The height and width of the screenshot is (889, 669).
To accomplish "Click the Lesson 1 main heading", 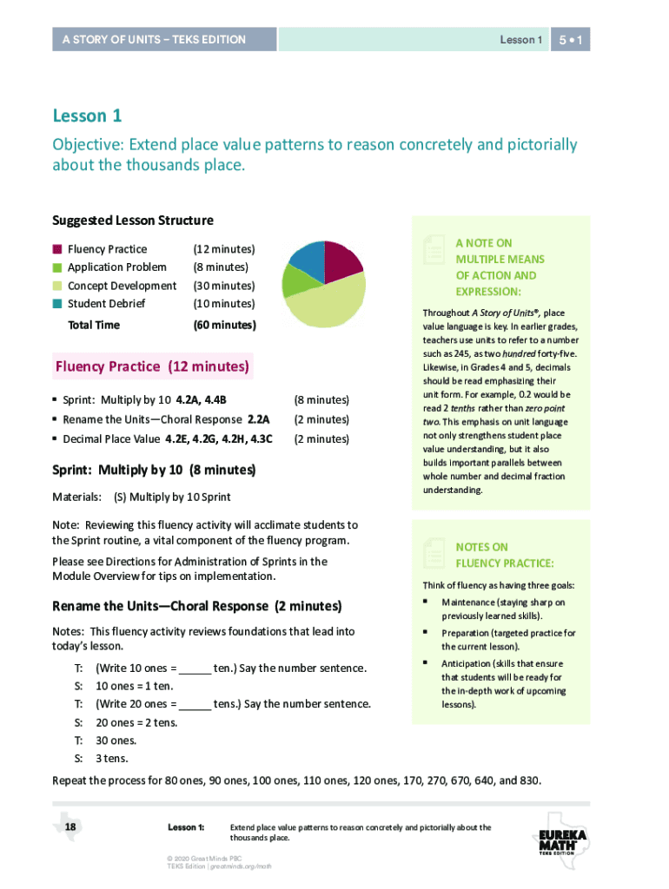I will click(x=87, y=115).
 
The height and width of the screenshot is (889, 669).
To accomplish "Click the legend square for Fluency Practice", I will click(x=57, y=249).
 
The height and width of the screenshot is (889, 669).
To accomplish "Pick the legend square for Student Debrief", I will click(x=57, y=304).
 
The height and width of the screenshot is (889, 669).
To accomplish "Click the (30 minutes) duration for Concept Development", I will click(x=223, y=286).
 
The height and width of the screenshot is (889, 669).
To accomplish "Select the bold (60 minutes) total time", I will click(x=223, y=326).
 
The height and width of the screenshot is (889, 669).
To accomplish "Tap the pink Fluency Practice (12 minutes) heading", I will click(x=152, y=366).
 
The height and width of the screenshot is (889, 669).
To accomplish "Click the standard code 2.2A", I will click(x=258, y=419).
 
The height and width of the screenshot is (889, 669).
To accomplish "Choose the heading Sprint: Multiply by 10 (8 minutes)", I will click(x=154, y=470).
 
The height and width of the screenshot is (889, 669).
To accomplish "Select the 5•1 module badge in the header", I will click(x=571, y=40).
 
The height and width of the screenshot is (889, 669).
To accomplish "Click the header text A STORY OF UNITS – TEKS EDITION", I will click(x=154, y=40).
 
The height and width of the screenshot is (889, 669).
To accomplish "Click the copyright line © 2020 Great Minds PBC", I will click(x=204, y=858).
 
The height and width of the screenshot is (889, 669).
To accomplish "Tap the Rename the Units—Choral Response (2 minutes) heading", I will click(x=196, y=606).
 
